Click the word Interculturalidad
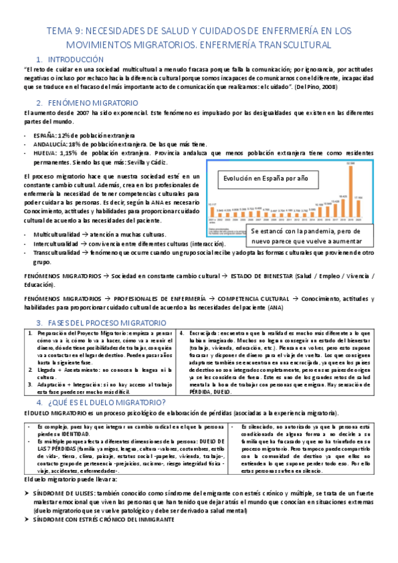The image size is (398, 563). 60,244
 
